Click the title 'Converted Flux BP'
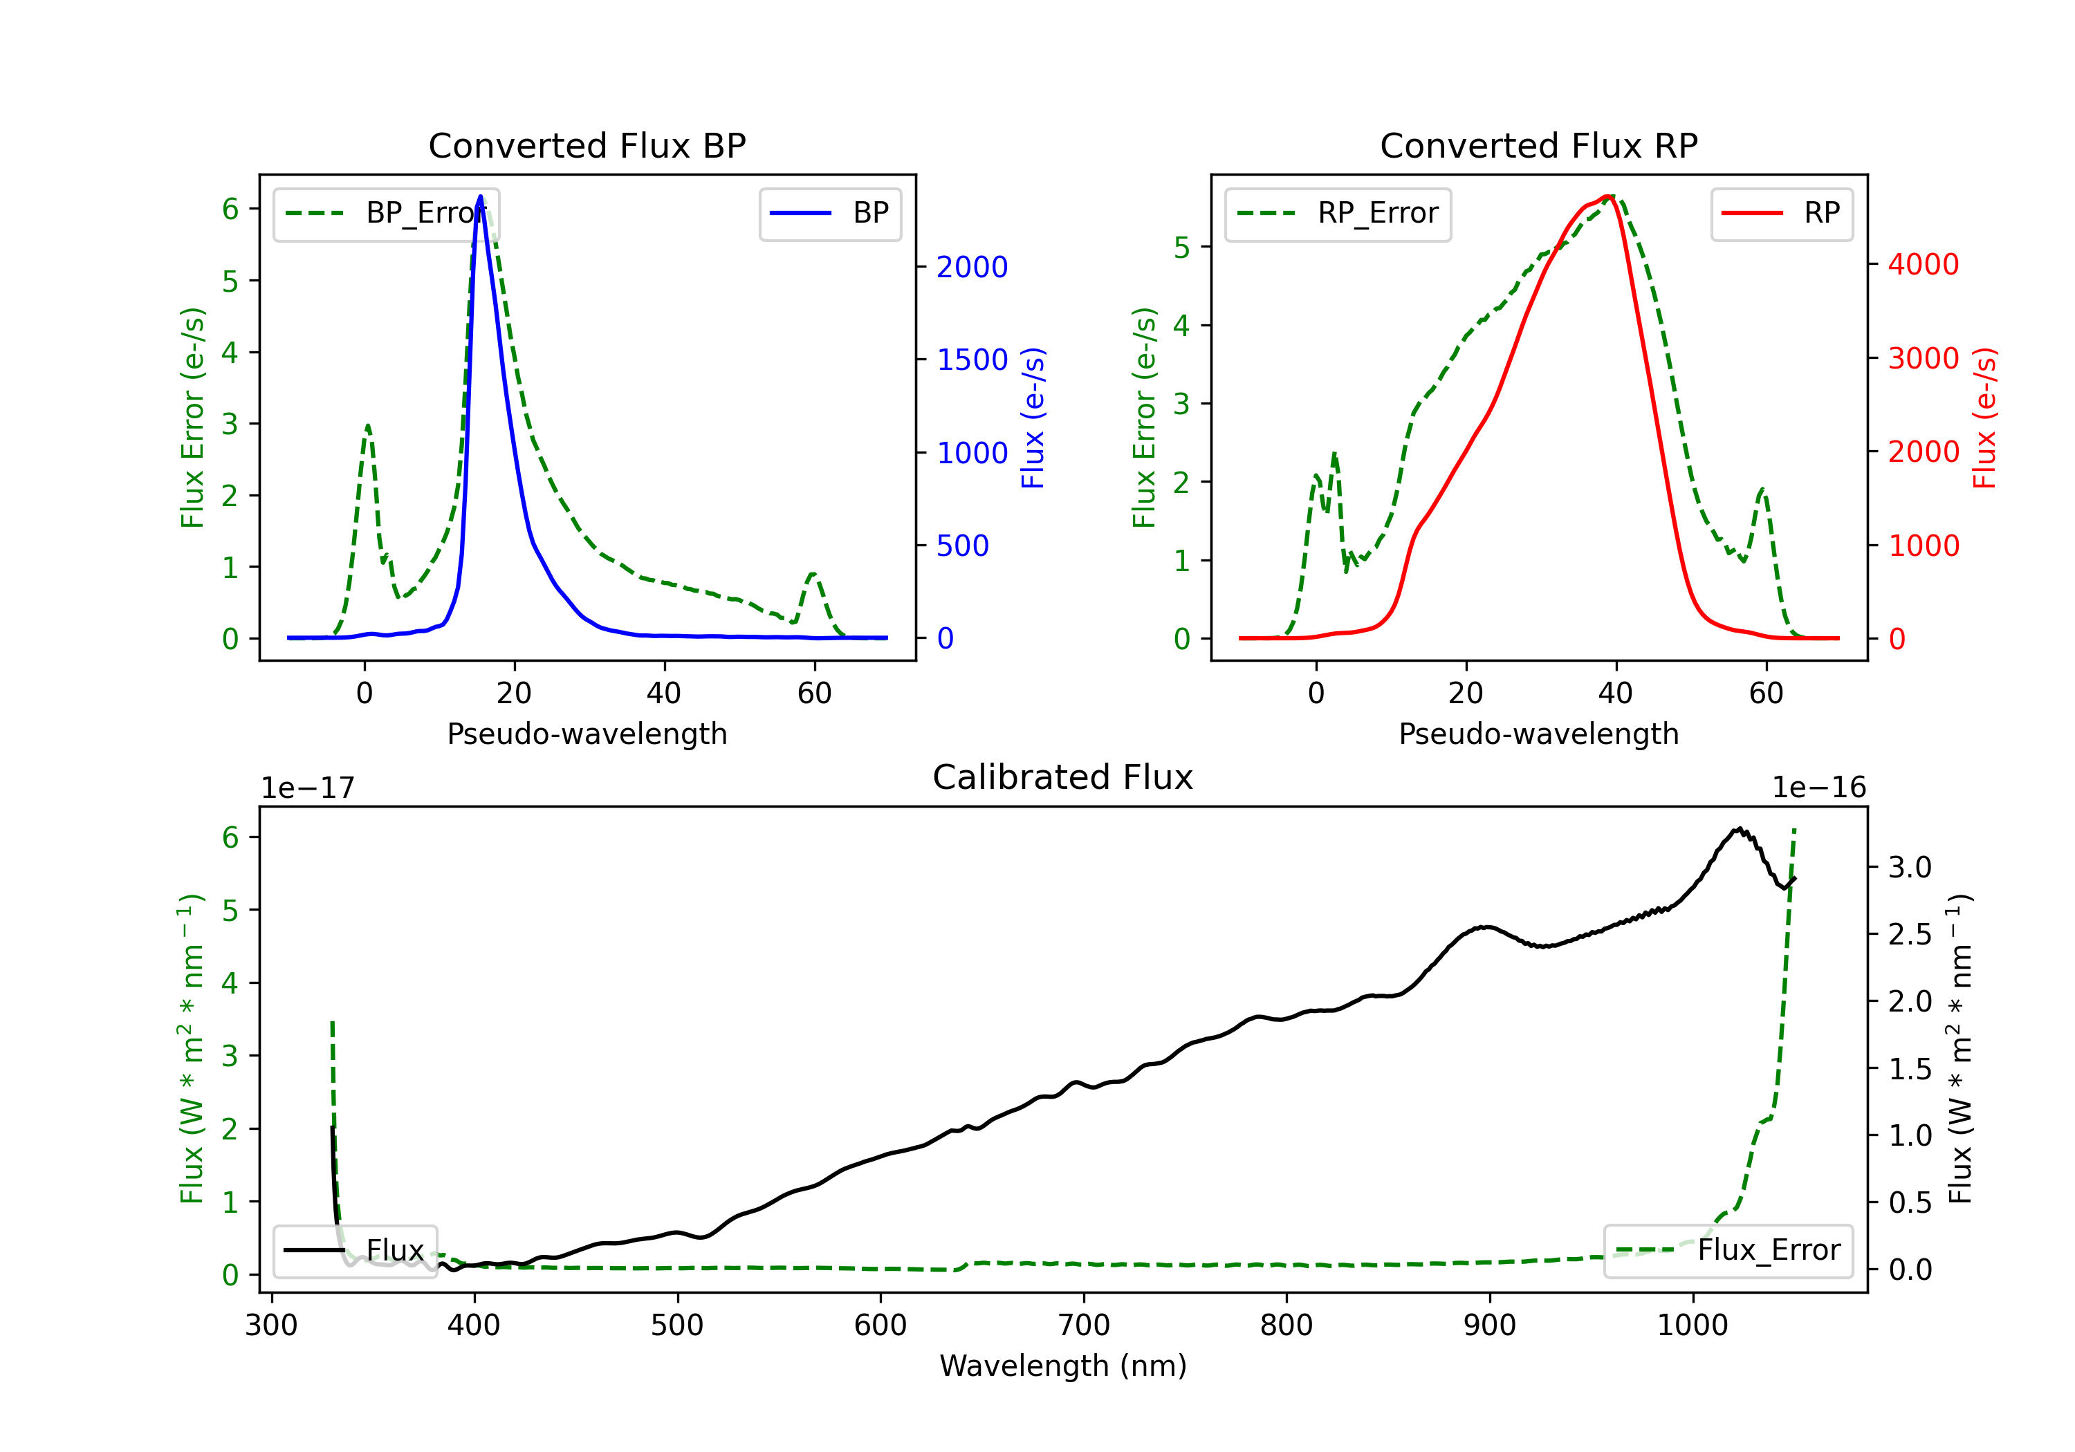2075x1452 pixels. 587,145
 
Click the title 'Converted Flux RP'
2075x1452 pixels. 1538,145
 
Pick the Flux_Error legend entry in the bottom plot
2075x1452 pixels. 1728,1251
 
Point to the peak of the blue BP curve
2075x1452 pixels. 480,196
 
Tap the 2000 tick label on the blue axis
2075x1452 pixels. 972,267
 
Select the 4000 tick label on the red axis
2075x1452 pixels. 1923,264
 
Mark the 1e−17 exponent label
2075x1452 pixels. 308,788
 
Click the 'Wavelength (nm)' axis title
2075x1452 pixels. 1063,1366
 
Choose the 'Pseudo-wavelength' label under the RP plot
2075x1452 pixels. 1538,734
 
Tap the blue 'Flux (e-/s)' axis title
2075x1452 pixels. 1032,418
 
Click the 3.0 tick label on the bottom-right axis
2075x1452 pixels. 1910,868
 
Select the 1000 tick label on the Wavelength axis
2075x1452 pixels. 1692,1325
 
